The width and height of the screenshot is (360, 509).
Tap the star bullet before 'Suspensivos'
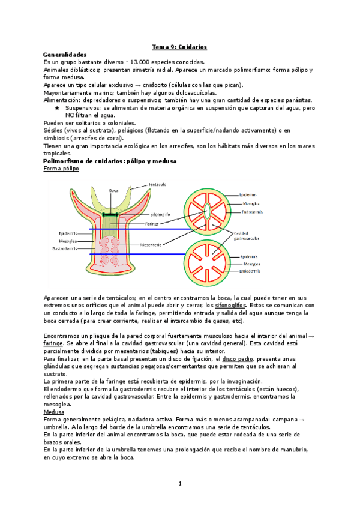57,108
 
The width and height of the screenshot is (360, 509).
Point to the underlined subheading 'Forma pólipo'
61,169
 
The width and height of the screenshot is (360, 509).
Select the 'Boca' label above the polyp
114,191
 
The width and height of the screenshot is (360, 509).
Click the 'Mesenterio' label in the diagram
155,244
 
